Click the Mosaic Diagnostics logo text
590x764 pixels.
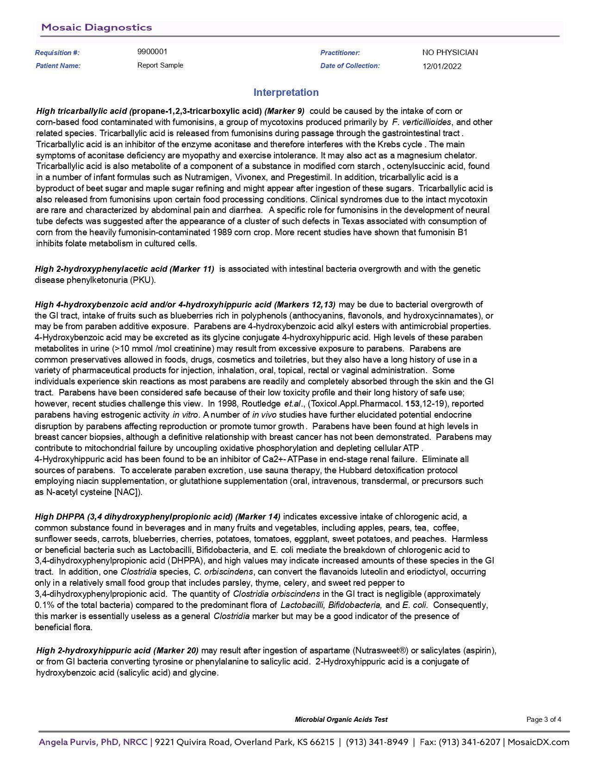pyautogui.click(x=97, y=27)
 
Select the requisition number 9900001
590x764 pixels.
pyautogui.click(x=152, y=51)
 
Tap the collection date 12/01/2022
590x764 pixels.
pyautogui.click(x=441, y=66)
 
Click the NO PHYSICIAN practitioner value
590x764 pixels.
pyautogui.click(x=450, y=52)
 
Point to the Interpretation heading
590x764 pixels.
pyautogui.click(x=286, y=92)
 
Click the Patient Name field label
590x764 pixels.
pyautogui.click(x=58, y=66)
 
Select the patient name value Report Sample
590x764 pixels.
pyautogui.click(x=160, y=65)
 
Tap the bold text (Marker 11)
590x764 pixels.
pyautogui.click(x=192, y=269)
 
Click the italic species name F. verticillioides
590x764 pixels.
pyautogui.click(x=421, y=122)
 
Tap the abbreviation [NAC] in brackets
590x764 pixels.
pyautogui.click(x=127, y=492)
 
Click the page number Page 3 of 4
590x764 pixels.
pyautogui.click(x=544, y=720)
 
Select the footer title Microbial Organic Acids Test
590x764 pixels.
pyautogui.click(x=341, y=720)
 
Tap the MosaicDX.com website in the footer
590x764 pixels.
pyautogui.click(x=538, y=742)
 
